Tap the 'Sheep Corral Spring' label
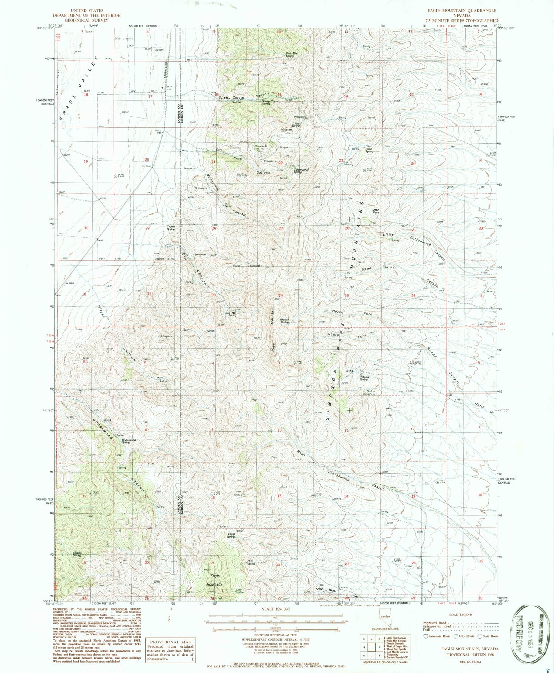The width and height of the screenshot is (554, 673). tap(270, 102)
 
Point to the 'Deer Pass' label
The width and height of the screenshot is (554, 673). tap(376, 211)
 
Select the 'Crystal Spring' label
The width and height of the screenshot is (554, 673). tap(171, 228)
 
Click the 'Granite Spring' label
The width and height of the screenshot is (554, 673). tap(284, 321)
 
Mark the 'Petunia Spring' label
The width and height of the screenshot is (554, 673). tap(363, 378)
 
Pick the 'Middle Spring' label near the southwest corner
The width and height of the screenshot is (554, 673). tap(77, 554)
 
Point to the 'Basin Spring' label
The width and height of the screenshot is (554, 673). tap(369, 150)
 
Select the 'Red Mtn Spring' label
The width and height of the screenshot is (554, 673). tap(232, 314)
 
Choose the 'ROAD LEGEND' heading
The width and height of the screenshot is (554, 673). tap(460, 615)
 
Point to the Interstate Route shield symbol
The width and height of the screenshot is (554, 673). tap(425, 636)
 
